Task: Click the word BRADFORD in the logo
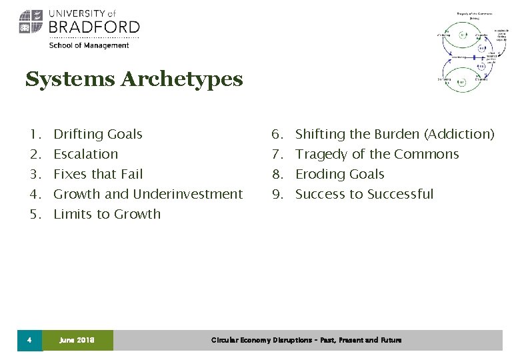tap(93, 27)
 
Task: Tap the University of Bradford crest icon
tap(31, 22)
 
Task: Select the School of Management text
tap(89, 45)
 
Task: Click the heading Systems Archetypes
tap(134, 80)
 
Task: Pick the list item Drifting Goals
tap(98, 134)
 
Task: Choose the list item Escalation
tap(85, 154)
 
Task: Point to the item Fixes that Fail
tap(98, 174)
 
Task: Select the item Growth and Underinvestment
tap(148, 194)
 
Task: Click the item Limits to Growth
tap(107, 214)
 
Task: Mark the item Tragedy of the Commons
tap(377, 154)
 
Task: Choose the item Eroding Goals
tap(339, 174)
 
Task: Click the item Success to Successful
tap(364, 194)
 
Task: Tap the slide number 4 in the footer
tap(29, 340)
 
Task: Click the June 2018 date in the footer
tap(77, 340)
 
